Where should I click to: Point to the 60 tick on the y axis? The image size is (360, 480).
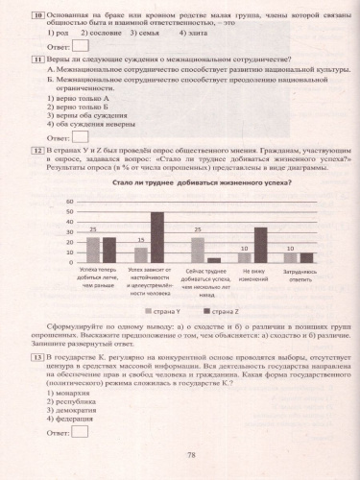69,202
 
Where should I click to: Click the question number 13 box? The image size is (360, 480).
36,356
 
